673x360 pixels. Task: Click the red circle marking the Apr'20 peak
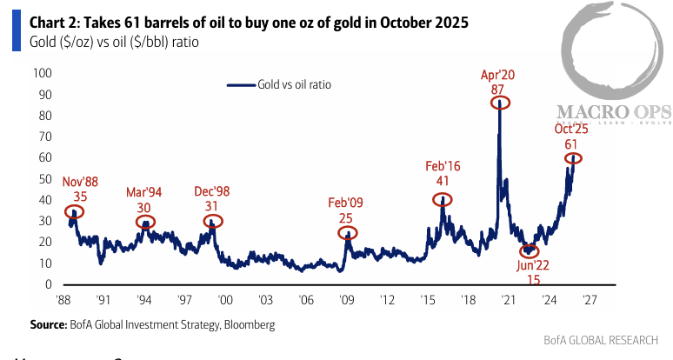pos(499,103)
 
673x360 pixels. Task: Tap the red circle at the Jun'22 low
pos(529,251)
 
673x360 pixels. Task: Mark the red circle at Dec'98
pos(213,222)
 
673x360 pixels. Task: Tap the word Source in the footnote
pos(49,324)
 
